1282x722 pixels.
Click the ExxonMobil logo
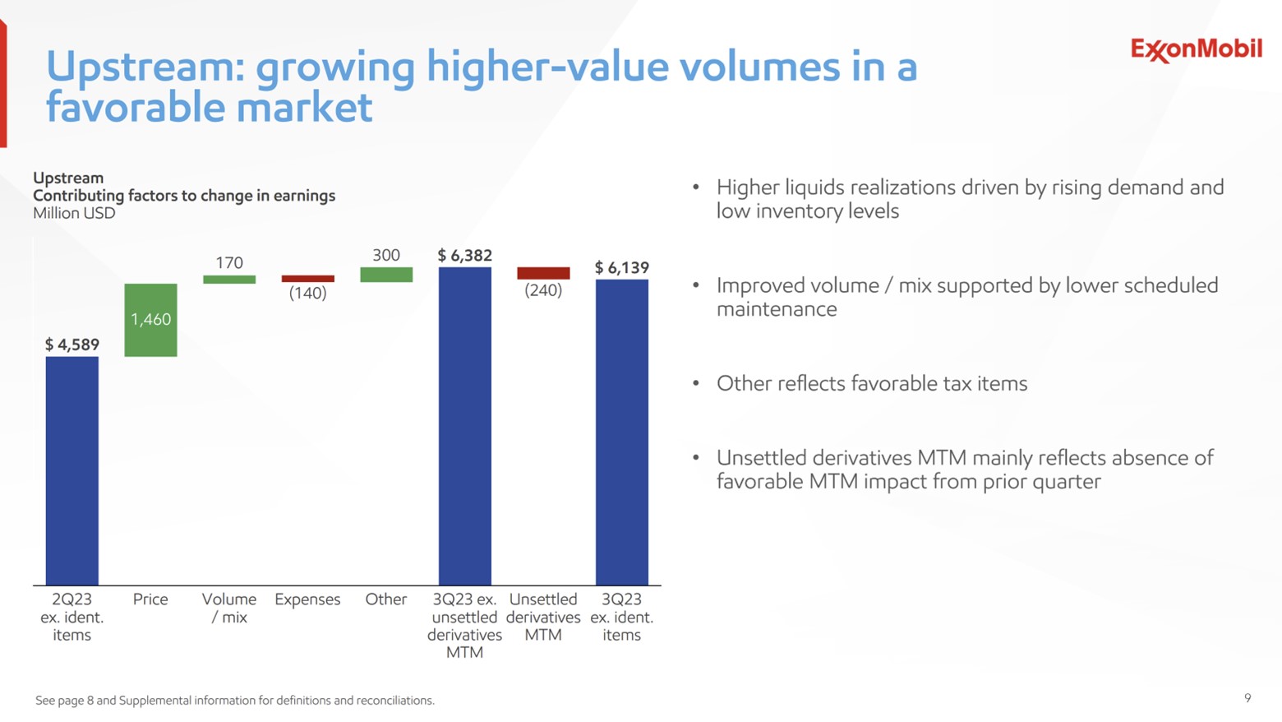coord(1196,49)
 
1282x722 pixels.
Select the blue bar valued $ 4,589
coord(72,470)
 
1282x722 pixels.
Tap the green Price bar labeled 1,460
coord(150,320)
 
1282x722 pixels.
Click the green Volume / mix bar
coord(229,280)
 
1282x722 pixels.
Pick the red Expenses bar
coord(307,279)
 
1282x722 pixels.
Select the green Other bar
coord(386,275)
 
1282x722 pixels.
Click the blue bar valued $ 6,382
coord(464,426)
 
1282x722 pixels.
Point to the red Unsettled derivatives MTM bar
coord(543,273)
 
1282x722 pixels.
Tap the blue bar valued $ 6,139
coord(622,432)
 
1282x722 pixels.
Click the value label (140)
coord(307,294)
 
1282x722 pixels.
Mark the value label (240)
coord(543,290)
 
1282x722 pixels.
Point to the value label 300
coord(386,255)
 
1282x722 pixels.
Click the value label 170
coord(229,262)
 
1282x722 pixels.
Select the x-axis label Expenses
coord(307,599)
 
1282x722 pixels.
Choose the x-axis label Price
coord(150,599)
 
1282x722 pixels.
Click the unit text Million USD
coord(74,214)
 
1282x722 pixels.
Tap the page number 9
coord(1247,698)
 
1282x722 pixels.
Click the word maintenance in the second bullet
coord(777,310)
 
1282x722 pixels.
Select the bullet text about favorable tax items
coord(872,384)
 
